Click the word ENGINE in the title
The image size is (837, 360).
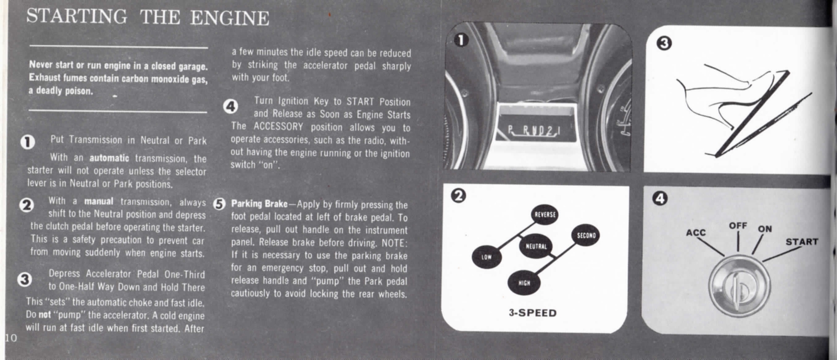coord(230,18)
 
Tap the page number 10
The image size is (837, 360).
coord(10,337)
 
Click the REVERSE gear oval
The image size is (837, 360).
coord(545,215)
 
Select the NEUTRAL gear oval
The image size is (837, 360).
coord(536,246)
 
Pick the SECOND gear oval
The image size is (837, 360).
coord(586,235)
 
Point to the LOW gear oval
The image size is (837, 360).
coord(487,257)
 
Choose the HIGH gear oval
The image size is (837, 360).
coord(524,283)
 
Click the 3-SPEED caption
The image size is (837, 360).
coord(533,313)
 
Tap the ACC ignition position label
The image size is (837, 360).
coord(696,232)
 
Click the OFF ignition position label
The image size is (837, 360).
coord(738,226)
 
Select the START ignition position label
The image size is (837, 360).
coord(801,242)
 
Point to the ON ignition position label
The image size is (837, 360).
coord(765,229)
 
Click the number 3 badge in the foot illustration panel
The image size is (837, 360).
coord(663,43)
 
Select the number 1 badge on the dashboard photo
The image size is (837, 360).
coord(460,40)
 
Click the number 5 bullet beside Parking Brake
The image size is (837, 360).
coord(219,204)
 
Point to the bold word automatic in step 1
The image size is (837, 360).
coord(109,157)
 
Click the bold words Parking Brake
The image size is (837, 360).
coord(259,204)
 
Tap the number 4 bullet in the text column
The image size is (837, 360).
coord(230,107)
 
